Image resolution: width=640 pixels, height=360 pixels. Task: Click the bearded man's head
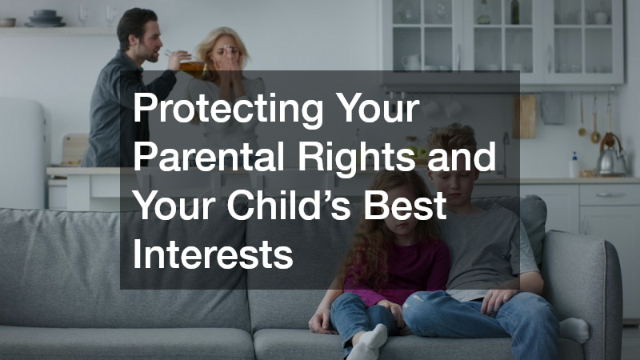click(136, 30)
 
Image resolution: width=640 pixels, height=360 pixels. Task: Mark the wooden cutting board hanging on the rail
click(526, 117)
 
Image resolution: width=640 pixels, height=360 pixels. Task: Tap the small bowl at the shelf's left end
click(7, 22)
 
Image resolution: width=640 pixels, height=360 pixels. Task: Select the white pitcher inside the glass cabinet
click(411, 61)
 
